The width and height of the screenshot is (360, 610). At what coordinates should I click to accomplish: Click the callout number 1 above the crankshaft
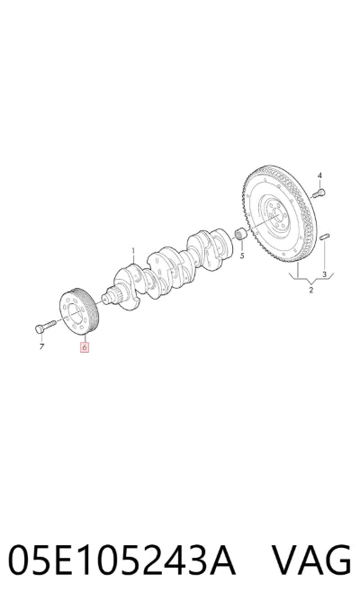(x=132, y=250)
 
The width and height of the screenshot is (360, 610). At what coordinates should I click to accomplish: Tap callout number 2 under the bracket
(x=311, y=290)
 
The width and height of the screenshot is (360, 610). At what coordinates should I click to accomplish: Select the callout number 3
(x=324, y=274)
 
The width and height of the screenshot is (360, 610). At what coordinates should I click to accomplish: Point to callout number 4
(x=319, y=175)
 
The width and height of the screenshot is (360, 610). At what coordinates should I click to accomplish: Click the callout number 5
(x=242, y=256)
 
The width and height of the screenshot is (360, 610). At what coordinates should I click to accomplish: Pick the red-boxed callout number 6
(x=85, y=346)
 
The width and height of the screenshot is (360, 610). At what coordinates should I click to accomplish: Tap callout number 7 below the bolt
(x=41, y=346)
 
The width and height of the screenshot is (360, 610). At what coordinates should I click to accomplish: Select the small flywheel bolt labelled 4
(x=319, y=193)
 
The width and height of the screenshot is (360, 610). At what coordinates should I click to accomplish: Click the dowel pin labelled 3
(x=325, y=236)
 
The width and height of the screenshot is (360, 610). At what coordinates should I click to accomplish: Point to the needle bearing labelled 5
(x=240, y=234)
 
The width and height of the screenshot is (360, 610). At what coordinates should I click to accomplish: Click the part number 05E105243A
(x=121, y=561)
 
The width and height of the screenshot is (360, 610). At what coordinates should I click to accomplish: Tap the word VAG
(x=311, y=561)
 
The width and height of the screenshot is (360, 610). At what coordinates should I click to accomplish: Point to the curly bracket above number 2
(x=311, y=279)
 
